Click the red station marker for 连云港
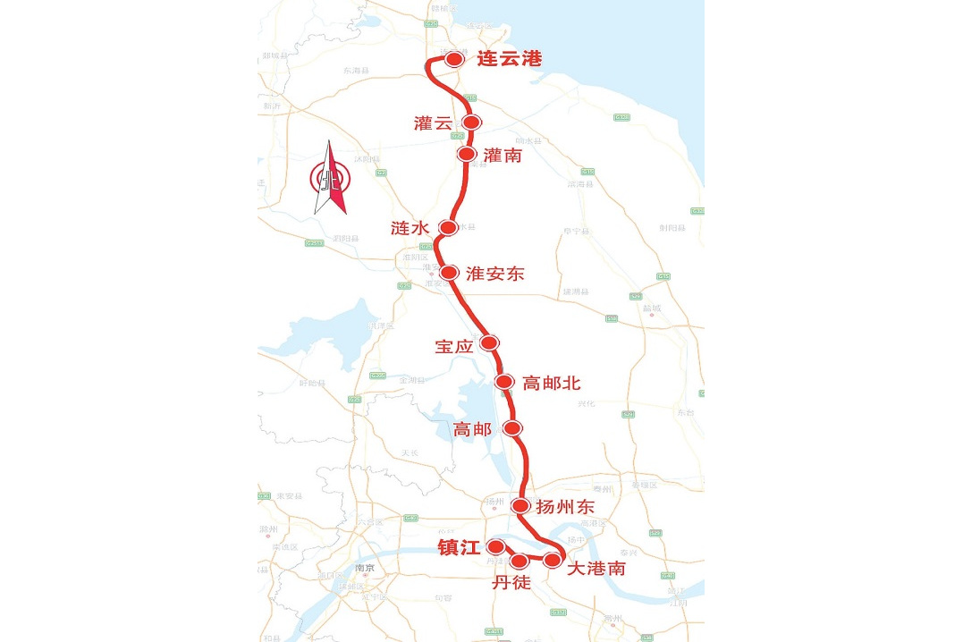tap(454, 60)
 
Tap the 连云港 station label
tap(510, 60)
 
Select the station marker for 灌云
tap(472, 122)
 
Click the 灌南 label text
tap(502, 156)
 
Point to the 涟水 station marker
tap(448, 228)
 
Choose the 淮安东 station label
tap(494, 274)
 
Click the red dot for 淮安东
tap(451, 273)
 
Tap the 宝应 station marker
tap(489, 342)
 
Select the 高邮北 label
tap(552, 383)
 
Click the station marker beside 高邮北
tap(504, 383)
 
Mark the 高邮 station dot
tap(512, 428)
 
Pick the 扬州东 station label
tap(571, 507)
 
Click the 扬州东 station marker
tap(521, 506)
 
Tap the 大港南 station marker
tap(553, 561)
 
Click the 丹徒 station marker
tap(520, 562)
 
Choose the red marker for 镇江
tap(494, 547)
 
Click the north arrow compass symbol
tap(330, 178)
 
